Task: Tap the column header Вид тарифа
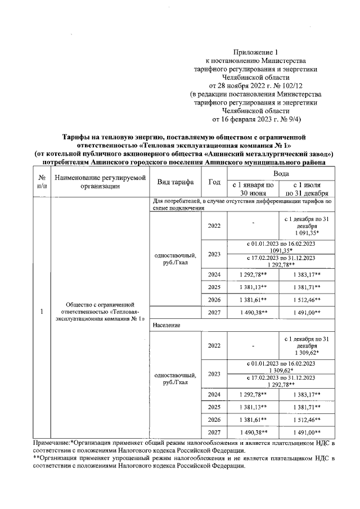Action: pos(175,182)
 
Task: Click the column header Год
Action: pos(214,182)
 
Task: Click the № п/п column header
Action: pos(42,182)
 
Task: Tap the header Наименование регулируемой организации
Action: pos(100,182)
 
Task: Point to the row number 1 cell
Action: pos(42,311)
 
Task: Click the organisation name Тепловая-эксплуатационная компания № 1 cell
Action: pos(100,311)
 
